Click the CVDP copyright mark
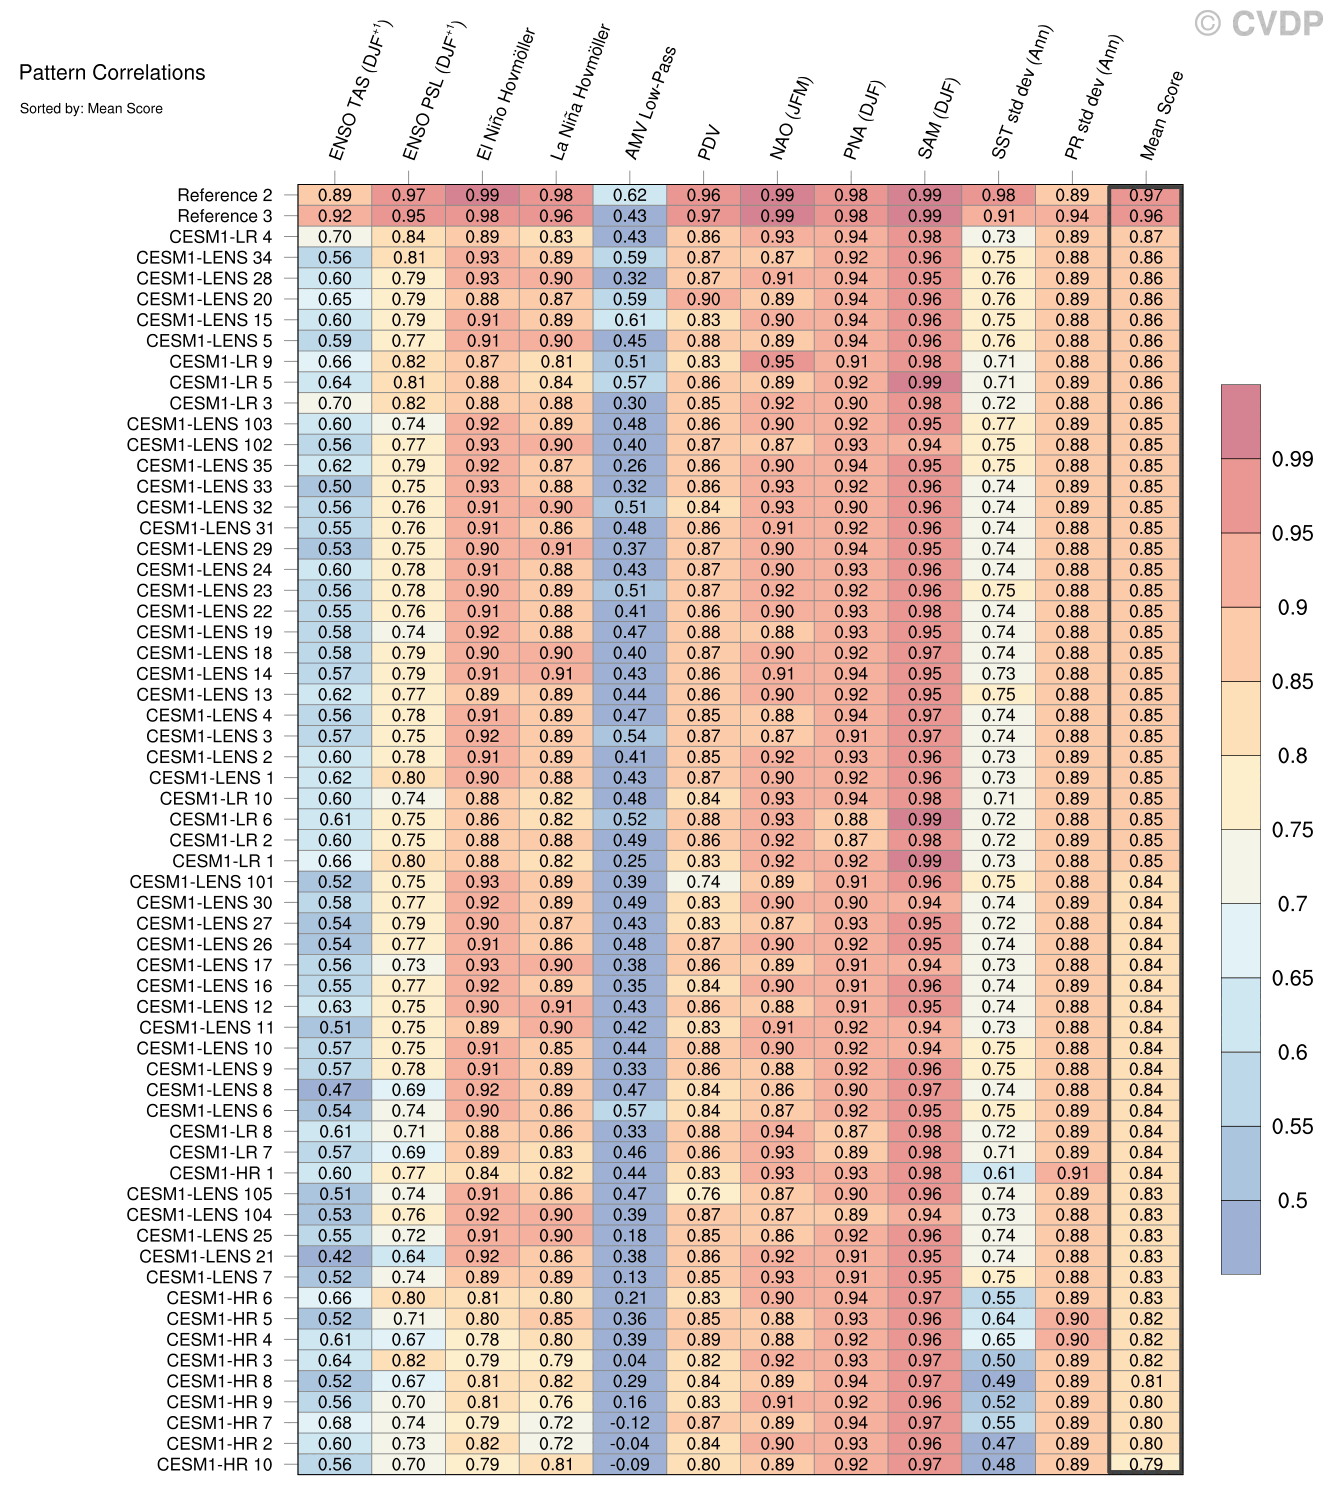pos(1258,23)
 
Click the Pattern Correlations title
pos(112,73)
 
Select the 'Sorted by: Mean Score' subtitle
pos(90,108)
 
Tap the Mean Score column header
pos(1162,115)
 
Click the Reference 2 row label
pos(224,196)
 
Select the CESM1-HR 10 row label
pos(214,1464)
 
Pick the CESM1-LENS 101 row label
pos(200,882)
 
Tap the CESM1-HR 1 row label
pos(220,1173)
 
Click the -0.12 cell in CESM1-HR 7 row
pos(630,1423)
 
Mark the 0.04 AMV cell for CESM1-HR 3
pos(630,1360)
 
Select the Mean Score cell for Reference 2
pos(1146,196)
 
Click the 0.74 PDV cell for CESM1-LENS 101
pos(704,882)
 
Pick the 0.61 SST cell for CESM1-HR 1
pos(998,1173)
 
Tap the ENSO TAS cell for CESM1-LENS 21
pos(335,1256)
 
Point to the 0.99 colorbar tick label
pos(1292,459)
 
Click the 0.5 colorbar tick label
pos(1291,1201)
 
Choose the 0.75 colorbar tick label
pos(1292,830)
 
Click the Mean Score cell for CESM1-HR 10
pos(1146,1464)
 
